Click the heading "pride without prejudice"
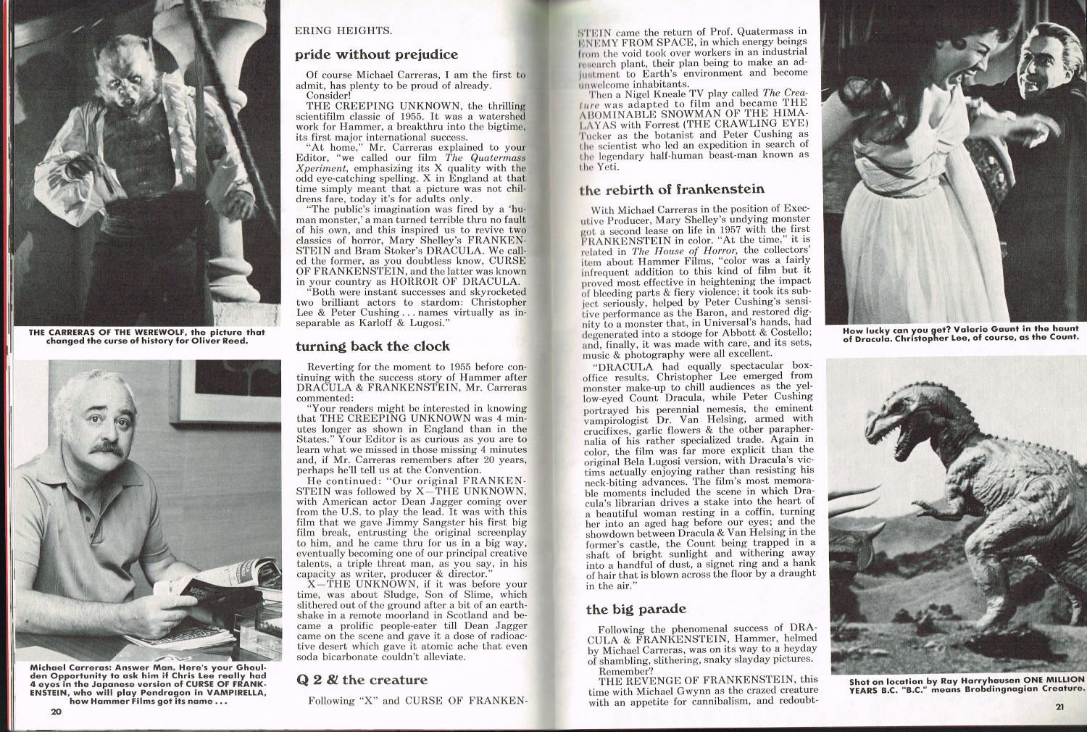tap(376, 55)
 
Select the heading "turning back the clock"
tap(372, 346)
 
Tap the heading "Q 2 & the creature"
tap(362, 680)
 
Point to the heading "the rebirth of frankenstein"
tap(671, 190)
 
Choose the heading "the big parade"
tap(636, 610)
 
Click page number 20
tap(57, 712)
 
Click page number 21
tap(1059, 708)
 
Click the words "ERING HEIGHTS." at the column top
tap(343, 30)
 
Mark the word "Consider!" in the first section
tap(328, 95)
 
